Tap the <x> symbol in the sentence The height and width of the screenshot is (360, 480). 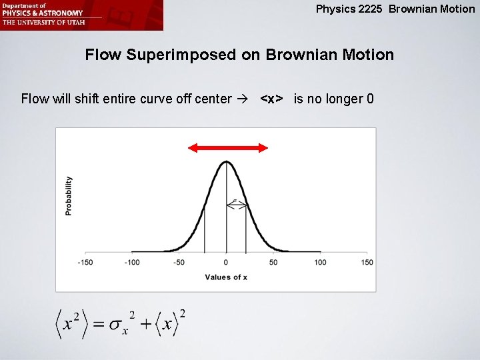pos(271,99)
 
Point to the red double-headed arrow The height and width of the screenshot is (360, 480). pos(228,148)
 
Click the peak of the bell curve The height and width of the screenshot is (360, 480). pos(226,162)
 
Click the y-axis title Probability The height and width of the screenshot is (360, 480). pos(69,195)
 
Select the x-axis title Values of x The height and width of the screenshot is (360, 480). pos(226,277)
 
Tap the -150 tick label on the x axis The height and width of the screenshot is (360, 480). pos(85,263)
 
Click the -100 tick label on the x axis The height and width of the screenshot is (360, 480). pos(132,263)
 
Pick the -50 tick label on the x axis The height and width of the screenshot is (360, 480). pos(179,263)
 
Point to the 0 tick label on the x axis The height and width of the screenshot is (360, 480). pos(226,263)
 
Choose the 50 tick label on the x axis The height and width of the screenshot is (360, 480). pos(273,263)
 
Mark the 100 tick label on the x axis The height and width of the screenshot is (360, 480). pos(320,263)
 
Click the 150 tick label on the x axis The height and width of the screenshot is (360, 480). pos(367,263)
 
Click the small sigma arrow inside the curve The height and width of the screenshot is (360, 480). pos(237,206)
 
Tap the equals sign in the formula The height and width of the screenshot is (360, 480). pos(97,324)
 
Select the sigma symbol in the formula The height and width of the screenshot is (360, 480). pos(117,325)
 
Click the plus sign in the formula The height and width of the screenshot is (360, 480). pos(146,324)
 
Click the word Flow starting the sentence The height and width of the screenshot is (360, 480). pos(35,99)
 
